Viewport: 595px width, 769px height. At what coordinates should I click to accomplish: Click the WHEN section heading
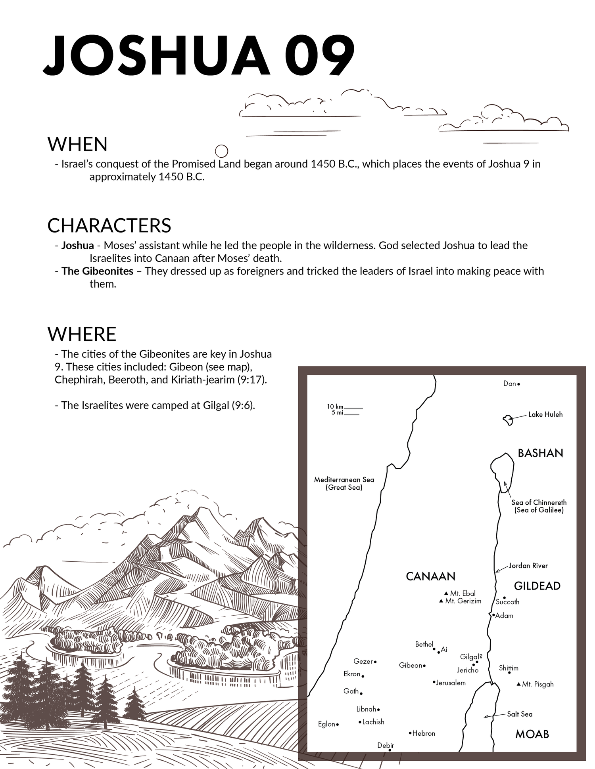pos(77,144)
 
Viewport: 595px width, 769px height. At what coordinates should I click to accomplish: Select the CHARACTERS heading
pos(109,225)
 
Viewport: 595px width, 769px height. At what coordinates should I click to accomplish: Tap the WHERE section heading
pos(82,334)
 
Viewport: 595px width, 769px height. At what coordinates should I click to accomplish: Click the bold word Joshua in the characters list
pos(77,246)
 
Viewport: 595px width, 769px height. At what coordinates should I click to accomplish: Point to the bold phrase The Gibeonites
pos(97,271)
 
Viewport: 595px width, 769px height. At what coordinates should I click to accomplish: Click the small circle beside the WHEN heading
pos(221,151)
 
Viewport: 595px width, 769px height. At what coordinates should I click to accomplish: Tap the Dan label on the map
pos(509,384)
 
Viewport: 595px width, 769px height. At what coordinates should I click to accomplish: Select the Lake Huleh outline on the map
pos(508,420)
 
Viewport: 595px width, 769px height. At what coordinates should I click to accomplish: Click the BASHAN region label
pos(540,453)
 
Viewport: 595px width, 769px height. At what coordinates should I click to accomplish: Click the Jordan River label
pos(528,566)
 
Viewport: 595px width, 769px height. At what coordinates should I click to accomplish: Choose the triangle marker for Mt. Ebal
pos(446,593)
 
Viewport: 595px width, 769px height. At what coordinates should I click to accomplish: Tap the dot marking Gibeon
pos(424,666)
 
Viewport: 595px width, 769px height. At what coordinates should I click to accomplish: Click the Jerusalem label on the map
pos(451,683)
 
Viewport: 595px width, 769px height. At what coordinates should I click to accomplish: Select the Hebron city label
pos(424,733)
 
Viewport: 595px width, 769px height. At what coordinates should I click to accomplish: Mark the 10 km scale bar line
pos(353,408)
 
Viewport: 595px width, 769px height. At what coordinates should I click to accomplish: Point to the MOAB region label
pos(532,734)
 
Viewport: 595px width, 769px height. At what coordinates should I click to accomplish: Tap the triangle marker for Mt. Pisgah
pos(519,684)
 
